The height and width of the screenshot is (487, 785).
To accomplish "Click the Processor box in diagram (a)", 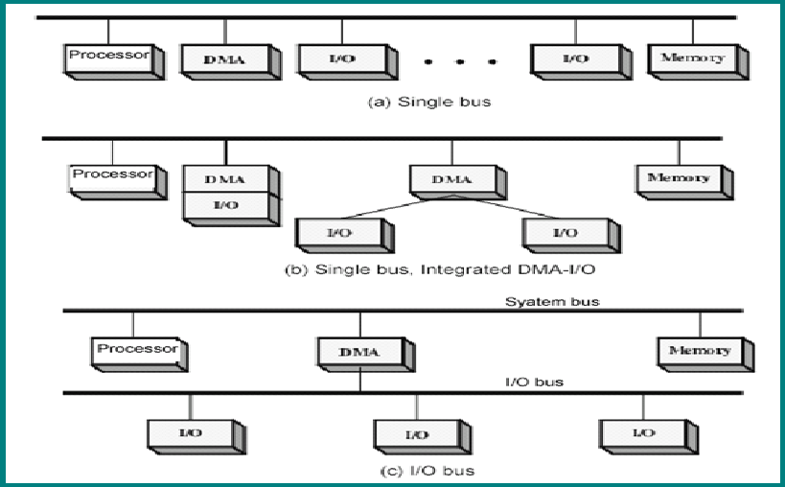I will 109,57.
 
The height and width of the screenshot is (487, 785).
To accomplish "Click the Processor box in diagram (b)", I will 112,175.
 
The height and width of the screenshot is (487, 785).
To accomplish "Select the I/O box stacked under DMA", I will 226,204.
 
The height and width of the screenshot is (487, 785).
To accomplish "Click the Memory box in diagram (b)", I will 679,178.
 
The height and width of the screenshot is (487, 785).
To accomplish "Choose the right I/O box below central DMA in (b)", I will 566,233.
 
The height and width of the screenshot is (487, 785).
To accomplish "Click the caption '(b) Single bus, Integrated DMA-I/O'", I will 447,270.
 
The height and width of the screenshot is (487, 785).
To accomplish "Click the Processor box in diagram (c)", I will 137,350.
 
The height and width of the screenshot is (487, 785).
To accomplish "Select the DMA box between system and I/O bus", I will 359,352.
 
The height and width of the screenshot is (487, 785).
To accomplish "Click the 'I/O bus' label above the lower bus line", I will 534,382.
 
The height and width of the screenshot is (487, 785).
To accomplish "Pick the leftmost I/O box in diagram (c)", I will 191,433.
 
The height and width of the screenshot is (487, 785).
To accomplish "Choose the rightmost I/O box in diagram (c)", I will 642,433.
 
